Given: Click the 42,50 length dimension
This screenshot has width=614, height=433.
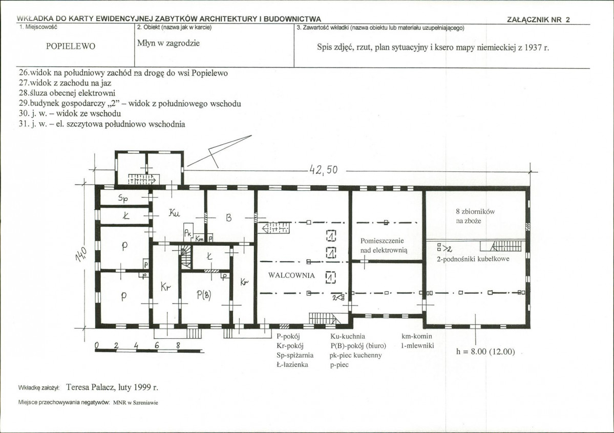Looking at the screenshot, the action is [x=324, y=169].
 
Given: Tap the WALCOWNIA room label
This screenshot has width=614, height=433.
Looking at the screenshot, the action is [x=291, y=275].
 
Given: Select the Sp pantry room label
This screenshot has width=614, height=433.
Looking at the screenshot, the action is [x=123, y=199].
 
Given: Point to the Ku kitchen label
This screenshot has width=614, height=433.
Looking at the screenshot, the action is [x=174, y=213].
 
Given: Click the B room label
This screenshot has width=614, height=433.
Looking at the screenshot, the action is [x=229, y=218].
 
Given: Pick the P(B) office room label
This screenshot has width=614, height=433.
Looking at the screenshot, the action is [x=204, y=295].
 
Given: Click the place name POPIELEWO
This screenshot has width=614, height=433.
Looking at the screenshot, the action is [x=71, y=46].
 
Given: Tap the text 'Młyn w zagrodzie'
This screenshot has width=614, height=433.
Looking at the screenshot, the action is [x=168, y=43].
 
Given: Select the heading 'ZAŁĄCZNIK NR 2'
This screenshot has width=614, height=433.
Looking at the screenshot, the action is [x=538, y=20].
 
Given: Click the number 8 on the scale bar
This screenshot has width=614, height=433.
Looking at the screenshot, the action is [x=178, y=345].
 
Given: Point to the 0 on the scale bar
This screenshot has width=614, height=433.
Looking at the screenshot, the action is [x=97, y=345].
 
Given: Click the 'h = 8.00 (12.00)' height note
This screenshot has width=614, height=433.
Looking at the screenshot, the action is [x=485, y=352].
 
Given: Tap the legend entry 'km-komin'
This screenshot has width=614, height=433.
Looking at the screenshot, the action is [x=417, y=336].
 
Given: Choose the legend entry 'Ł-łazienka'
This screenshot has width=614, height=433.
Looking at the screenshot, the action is [x=292, y=365].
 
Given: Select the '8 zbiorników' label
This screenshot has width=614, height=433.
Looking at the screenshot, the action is [x=475, y=211].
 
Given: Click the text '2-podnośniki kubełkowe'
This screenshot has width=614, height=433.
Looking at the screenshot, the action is [x=473, y=259].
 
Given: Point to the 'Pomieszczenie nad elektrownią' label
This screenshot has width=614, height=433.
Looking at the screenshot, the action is [x=384, y=246].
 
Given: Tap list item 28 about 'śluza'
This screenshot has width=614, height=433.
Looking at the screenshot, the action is [x=67, y=93].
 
